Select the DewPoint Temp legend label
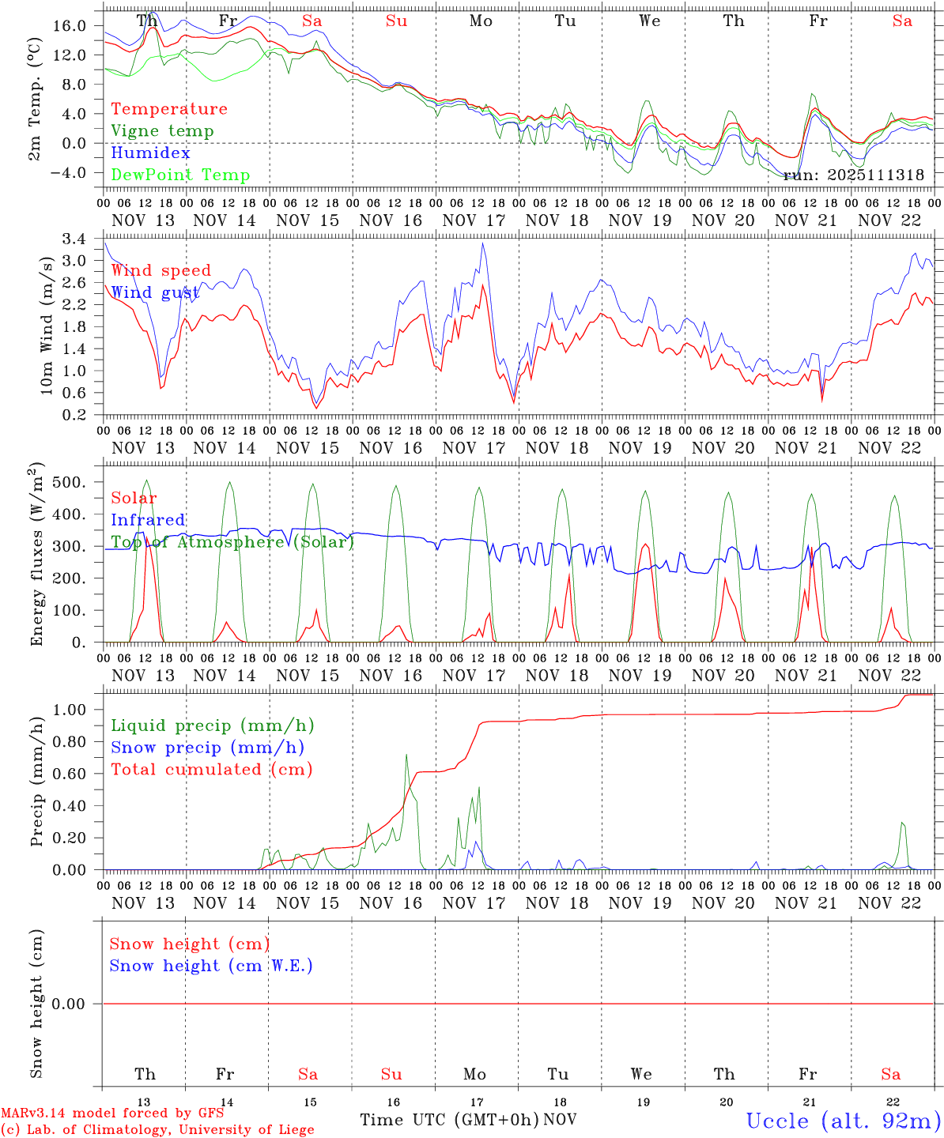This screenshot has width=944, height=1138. click(x=180, y=175)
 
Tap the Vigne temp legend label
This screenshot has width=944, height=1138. click(x=162, y=131)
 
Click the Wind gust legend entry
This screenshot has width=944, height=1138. click(x=155, y=293)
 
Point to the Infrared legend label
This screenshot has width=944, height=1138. click(x=148, y=520)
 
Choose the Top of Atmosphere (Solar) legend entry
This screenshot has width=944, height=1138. click(x=232, y=542)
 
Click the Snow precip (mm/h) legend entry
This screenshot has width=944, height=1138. click(x=207, y=748)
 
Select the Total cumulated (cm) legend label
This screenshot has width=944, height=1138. click(x=211, y=770)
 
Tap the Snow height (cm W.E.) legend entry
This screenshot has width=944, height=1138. click(x=211, y=966)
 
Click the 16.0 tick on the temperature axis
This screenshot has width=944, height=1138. click(x=70, y=26)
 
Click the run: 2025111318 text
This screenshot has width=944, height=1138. click(x=853, y=175)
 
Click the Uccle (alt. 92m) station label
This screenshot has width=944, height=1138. click(x=843, y=1121)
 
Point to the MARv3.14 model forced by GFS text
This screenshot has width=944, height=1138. click(x=112, y=1113)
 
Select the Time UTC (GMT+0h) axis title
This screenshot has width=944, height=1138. click(x=449, y=1120)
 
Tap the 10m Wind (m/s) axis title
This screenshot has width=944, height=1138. click(x=47, y=325)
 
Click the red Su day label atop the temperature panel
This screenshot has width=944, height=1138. click(x=396, y=21)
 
